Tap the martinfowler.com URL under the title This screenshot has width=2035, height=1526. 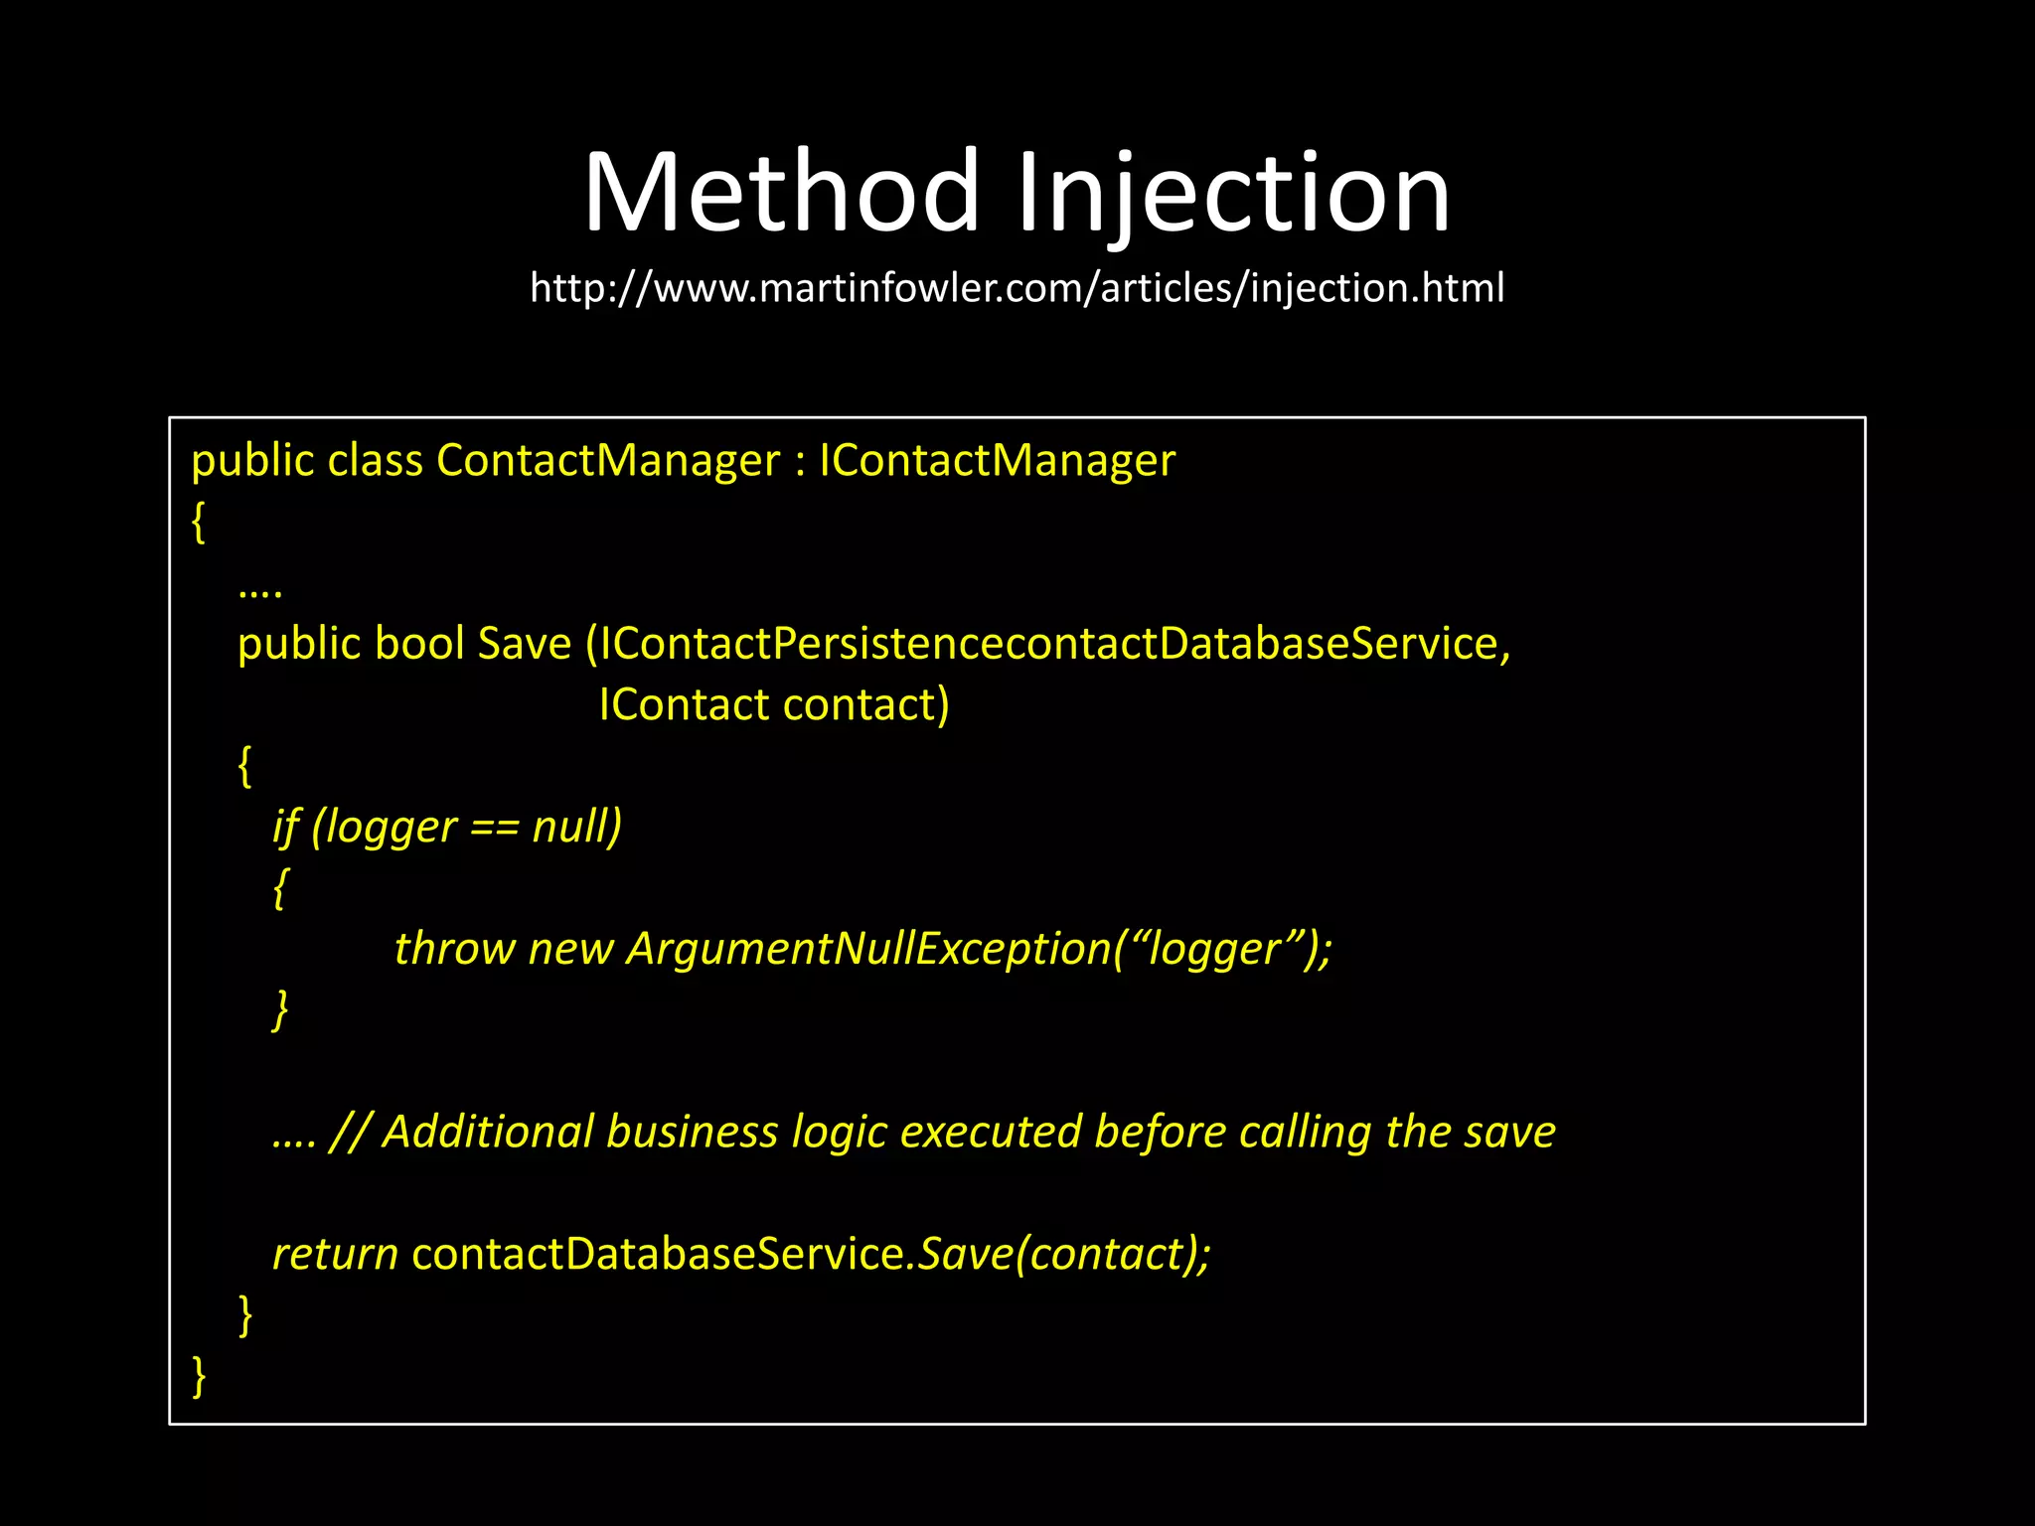point(1017,288)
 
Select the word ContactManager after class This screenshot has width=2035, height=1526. point(608,460)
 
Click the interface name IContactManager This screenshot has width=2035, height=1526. point(997,460)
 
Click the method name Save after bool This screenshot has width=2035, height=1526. point(525,644)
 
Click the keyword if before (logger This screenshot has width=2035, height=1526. point(286,827)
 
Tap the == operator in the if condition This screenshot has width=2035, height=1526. point(494,828)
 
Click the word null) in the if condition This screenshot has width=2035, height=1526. point(577,827)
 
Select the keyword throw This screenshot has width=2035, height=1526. point(454,949)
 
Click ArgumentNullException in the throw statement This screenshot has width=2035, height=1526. point(868,949)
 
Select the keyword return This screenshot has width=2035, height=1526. point(335,1254)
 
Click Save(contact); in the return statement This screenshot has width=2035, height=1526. point(1064,1254)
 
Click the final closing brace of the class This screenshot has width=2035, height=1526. point(199,1376)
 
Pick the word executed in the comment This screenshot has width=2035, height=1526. point(990,1132)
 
